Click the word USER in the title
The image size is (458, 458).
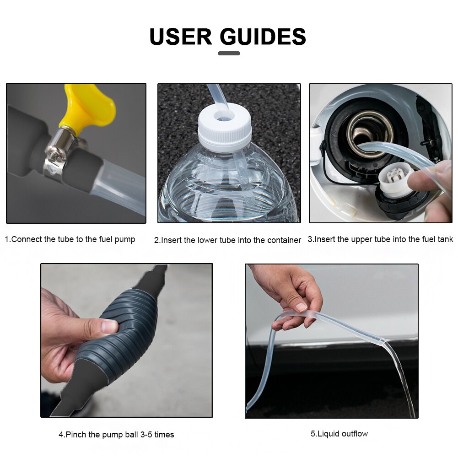click(181, 37)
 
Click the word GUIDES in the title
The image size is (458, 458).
click(263, 37)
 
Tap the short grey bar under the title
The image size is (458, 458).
click(229, 53)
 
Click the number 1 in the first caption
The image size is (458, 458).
click(7, 239)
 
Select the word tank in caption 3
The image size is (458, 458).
click(445, 239)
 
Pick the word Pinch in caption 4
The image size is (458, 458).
click(76, 435)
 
